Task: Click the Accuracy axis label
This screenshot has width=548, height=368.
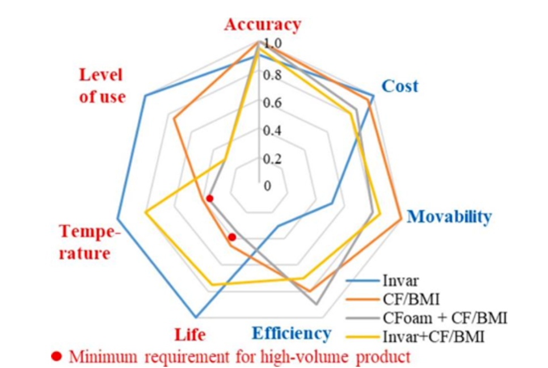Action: click(x=262, y=25)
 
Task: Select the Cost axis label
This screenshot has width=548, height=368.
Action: click(x=399, y=86)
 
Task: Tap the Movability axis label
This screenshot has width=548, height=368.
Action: click(x=449, y=217)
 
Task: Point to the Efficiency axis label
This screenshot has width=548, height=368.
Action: click(x=292, y=333)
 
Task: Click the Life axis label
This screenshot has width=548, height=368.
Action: click(x=190, y=335)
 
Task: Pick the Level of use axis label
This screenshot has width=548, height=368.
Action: click(x=102, y=86)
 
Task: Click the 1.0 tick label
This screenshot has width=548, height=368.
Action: click(x=271, y=43)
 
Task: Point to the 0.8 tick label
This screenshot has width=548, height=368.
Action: click(x=271, y=75)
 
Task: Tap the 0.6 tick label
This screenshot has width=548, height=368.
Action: click(x=271, y=103)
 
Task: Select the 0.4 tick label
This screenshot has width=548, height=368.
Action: click(x=271, y=130)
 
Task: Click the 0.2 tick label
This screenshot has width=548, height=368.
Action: click(x=271, y=158)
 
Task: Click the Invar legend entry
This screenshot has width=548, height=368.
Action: click(x=400, y=280)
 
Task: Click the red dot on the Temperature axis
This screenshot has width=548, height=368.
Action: click(x=209, y=198)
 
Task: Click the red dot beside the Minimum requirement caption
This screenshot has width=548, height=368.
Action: click(x=57, y=357)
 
